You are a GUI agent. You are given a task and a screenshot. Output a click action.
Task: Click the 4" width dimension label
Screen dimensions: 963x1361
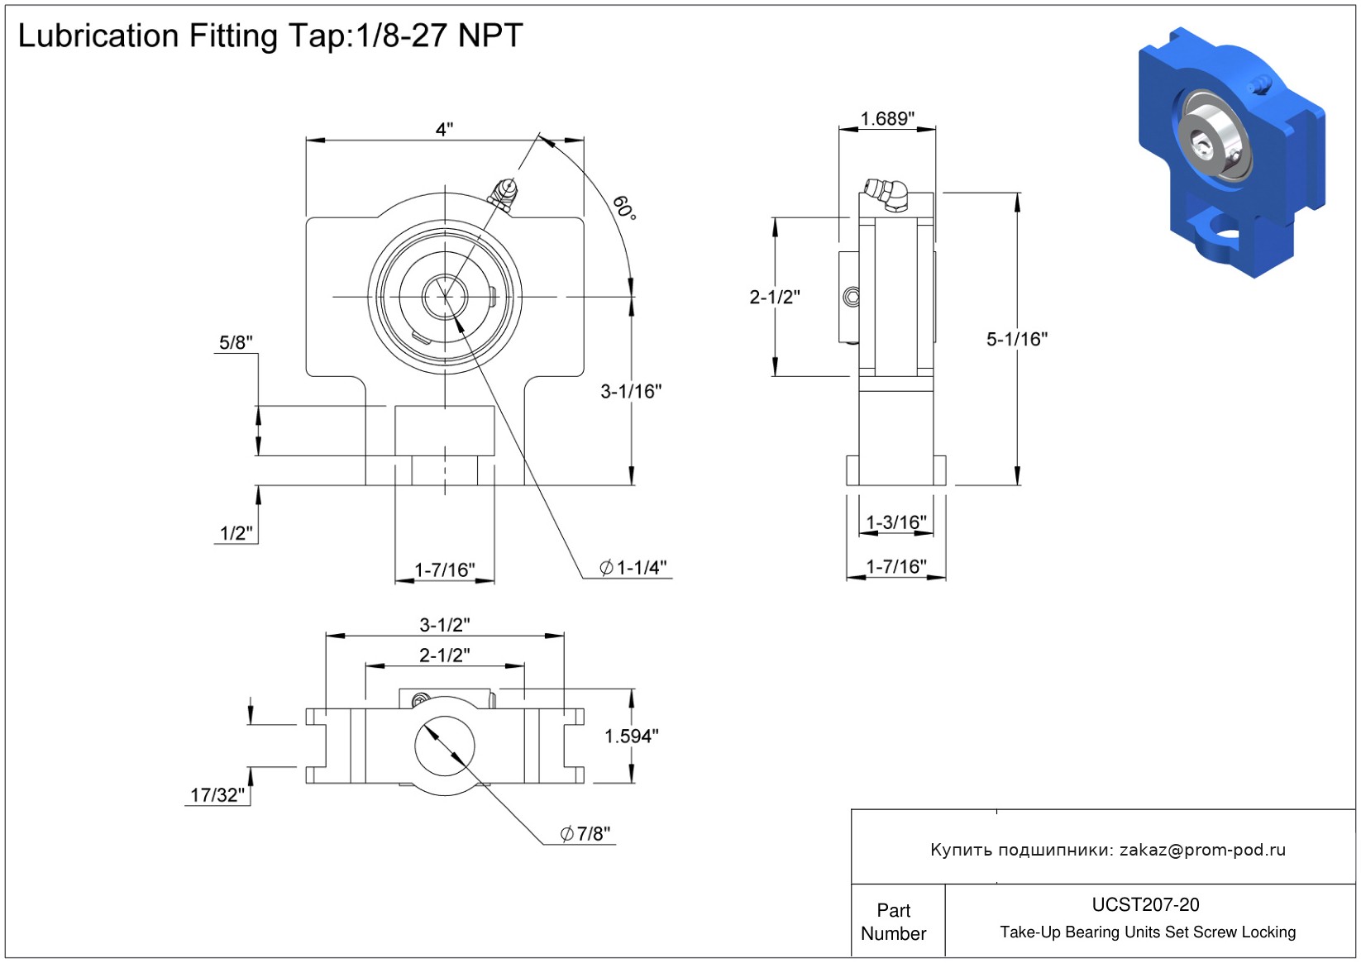tap(444, 130)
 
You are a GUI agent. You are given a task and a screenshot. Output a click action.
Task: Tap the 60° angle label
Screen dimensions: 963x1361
tap(625, 207)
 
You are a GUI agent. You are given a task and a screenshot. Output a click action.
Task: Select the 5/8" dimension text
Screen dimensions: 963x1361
tap(236, 343)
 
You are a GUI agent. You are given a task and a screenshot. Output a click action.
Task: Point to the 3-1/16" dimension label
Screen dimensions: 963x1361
tap(631, 392)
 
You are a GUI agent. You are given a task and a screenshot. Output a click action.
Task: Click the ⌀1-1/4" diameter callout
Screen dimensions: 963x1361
tap(633, 568)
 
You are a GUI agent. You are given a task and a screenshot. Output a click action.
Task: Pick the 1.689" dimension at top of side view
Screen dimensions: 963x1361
tap(887, 119)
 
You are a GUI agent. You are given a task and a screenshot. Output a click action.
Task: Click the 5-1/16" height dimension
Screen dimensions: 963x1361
tap(1016, 339)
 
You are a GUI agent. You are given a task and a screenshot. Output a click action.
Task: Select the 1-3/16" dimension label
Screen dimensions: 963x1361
tap(896, 522)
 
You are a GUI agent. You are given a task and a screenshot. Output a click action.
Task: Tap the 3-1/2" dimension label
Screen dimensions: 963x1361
tap(444, 625)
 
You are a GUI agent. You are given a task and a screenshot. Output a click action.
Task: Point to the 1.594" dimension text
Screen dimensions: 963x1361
tap(631, 737)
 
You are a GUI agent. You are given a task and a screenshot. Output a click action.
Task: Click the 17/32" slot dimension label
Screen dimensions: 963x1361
tap(217, 795)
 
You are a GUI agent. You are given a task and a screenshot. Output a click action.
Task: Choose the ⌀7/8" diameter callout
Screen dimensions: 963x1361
tap(585, 834)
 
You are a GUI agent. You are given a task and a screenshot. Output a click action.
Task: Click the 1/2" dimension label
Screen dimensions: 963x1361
tap(236, 533)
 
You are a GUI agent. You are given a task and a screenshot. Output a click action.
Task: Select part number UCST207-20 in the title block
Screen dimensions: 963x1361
tap(1145, 905)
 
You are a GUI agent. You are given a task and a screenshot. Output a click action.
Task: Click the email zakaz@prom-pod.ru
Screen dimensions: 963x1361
tap(1202, 850)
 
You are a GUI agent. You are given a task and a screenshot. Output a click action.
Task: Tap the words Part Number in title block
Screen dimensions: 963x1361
tap(893, 922)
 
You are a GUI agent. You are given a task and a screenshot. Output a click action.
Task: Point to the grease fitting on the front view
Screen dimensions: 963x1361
tap(504, 193)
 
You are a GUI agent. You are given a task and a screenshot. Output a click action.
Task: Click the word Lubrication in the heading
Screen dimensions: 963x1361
tap(98, 36)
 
